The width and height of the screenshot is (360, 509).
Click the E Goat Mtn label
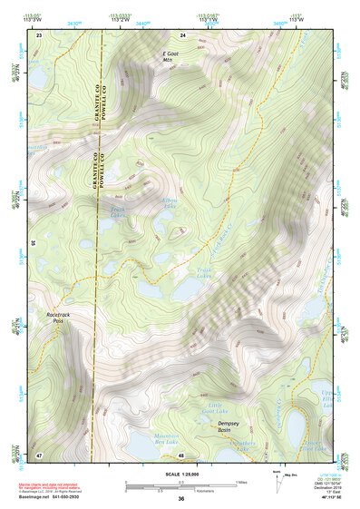[170, 59]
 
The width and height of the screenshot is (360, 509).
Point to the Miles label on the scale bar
[241, 482]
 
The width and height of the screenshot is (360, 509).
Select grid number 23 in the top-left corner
[39, 34]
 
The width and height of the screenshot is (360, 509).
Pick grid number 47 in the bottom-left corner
[39, 454]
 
